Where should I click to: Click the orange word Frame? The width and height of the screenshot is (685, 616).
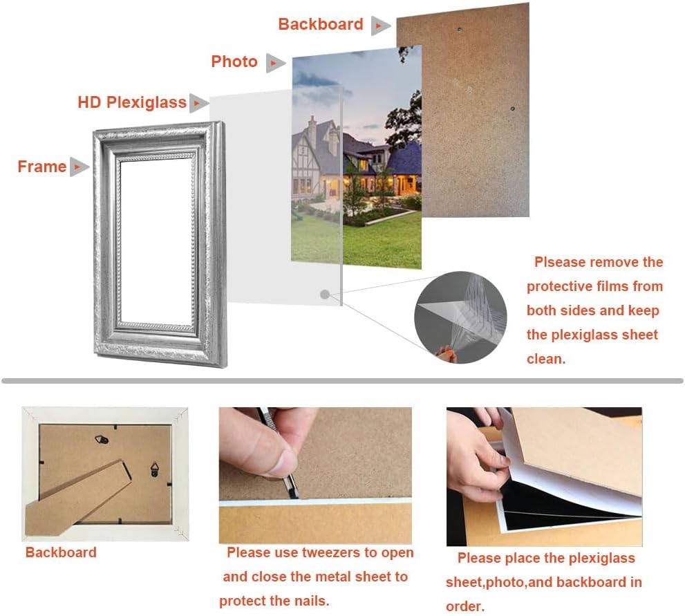[x=42, y=167]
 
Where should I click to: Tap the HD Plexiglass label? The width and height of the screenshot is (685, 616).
[x=132, y=102]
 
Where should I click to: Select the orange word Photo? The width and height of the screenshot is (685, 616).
[x=234, y=62]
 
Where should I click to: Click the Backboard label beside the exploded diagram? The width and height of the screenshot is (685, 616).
[x=321, y=24]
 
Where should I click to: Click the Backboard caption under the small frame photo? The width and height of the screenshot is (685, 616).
[x=61, y=552]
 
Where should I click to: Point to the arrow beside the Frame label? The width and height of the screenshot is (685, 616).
[x=79, y=167]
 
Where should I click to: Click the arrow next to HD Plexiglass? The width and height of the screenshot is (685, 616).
[x=199, y=103]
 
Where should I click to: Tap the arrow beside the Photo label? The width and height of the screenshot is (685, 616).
[x=276, y=63]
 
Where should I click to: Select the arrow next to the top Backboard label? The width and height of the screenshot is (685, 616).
[x=380, y=26]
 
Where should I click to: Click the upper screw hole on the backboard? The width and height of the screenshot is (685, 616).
[x=459, y=29]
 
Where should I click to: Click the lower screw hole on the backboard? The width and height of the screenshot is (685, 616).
[x=512, y=109]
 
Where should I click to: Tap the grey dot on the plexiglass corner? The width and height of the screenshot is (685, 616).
[x=325, y=295]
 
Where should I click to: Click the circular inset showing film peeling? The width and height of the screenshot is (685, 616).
[x=460, y=317]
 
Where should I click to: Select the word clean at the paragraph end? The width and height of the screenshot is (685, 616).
[x=546, y=359]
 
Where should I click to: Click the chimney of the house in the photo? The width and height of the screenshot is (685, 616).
[x=312, y=127]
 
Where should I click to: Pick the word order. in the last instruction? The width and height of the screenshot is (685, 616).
[x=465, y=606]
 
